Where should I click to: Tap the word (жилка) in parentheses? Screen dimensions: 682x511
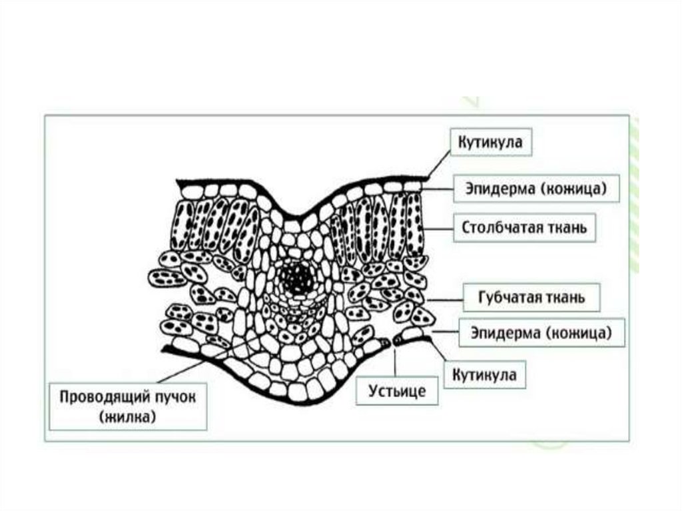(127, 418)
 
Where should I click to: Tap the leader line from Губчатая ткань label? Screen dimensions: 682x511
(446, 299)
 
